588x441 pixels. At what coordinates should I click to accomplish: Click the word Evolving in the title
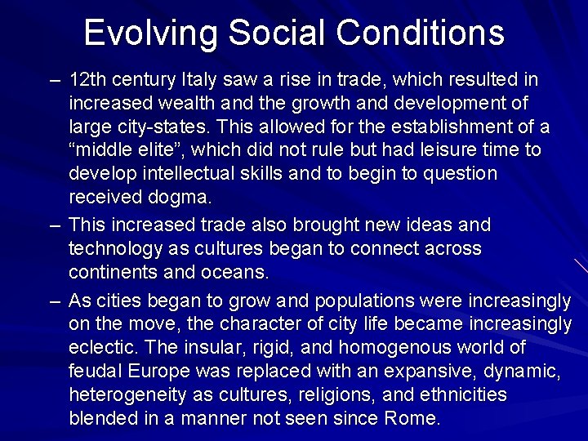151,33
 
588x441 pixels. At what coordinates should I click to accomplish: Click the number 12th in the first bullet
88,80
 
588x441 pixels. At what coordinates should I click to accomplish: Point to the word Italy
201,80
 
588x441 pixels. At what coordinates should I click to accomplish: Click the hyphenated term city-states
156,127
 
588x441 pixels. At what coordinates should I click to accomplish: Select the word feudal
95,372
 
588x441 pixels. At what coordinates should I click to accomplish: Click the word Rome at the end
414,419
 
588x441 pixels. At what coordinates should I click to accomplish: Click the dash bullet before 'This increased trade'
54,224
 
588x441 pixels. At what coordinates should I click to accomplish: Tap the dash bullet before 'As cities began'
54,301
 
